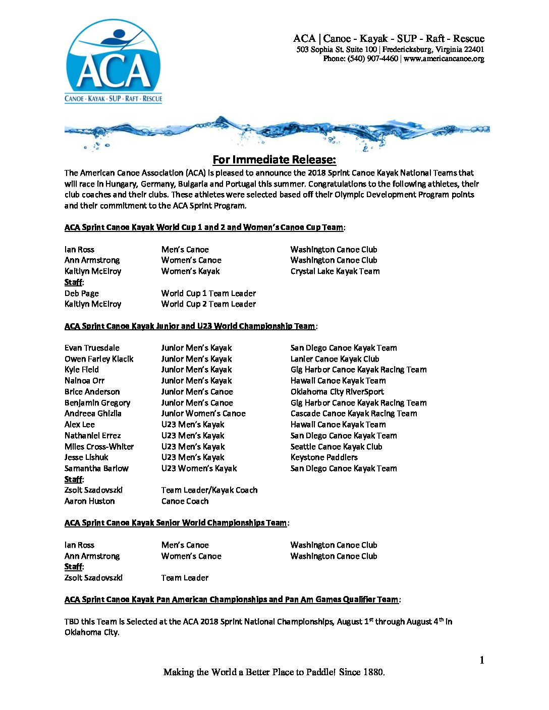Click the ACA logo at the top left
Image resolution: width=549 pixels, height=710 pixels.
(114, 62)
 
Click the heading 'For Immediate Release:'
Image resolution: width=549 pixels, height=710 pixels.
(274, 160)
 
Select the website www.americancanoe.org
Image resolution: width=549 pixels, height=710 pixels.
(444, 58)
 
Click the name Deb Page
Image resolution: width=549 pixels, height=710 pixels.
(82, 293)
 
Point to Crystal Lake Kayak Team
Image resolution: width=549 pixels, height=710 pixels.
(335, 271)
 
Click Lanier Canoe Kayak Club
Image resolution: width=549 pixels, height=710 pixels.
(335, 359)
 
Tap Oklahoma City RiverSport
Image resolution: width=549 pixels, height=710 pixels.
(337, 392)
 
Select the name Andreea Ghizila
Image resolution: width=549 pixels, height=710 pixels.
(93, 413)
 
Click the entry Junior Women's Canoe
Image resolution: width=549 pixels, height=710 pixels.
(203, 413)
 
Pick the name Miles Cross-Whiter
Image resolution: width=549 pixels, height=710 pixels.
(99, 447)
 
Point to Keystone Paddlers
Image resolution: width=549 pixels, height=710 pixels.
(324, 457)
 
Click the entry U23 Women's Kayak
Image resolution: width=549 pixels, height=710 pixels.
(199, 468)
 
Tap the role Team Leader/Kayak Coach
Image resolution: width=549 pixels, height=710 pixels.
(209, 490)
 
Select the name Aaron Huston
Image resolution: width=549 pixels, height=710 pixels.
(89, 501)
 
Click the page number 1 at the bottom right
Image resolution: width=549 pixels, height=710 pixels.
(482, 660)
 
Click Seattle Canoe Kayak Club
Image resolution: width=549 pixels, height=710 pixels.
(336, 447)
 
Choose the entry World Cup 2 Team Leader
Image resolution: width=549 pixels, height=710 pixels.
(208, 304)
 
